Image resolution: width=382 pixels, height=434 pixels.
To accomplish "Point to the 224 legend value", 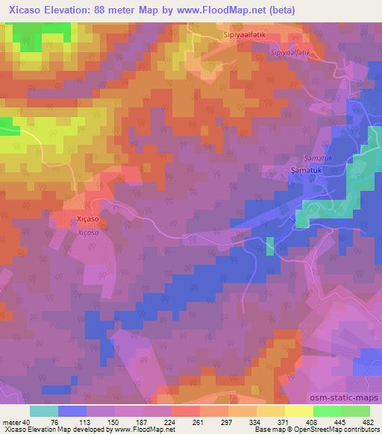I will point(170,421).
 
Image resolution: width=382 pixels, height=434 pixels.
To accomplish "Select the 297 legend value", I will point(227,421).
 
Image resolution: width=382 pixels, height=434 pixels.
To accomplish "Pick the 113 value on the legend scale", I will point(85,421).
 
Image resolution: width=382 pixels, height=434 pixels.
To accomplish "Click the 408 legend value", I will point(312,421).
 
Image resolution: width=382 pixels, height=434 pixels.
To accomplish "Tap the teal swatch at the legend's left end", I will point(44,411).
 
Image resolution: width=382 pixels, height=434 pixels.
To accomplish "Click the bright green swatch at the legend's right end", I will point(355,411).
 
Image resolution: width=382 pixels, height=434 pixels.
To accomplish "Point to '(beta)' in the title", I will point(287,10).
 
